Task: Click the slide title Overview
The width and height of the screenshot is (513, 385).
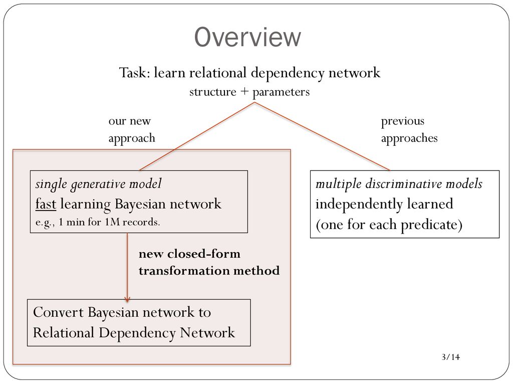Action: (247, 37)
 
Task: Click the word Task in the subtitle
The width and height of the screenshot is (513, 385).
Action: (134, 72)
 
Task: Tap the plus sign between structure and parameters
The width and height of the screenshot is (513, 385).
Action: (244, 92)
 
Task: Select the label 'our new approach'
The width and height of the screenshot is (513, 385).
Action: (132, 129)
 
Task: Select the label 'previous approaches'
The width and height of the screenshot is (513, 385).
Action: (409, 129)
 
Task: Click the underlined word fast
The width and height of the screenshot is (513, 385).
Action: (46, 204)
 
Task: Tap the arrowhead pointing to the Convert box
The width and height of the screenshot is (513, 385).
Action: (127, 299)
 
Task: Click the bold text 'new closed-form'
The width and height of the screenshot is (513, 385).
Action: (189, 254)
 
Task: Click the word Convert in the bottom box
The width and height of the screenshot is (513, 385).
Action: (58, 312)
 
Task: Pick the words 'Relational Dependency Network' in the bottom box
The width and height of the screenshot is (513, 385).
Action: (134, 333)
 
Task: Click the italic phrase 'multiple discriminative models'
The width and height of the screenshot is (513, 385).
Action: (399, 184)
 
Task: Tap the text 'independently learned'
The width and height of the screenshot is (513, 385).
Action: (384, 204)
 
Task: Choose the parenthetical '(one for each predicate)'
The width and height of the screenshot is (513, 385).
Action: (389, 225)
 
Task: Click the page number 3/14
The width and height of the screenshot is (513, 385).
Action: (451, 357)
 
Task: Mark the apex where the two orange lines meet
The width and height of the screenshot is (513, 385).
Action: (254, 102)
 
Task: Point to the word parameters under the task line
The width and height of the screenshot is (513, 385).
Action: (281, 92)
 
